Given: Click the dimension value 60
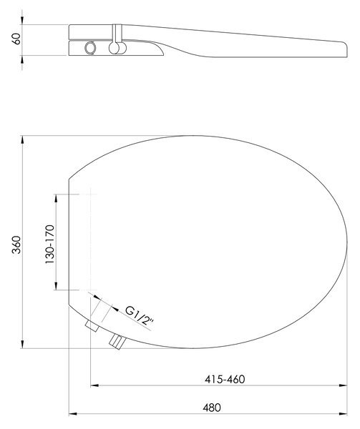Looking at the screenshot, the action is tap(16, 39).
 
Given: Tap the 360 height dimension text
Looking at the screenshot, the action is tap(16, 245).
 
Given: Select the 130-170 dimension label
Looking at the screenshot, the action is tap(50, 245).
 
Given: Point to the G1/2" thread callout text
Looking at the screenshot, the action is tap(140, 315).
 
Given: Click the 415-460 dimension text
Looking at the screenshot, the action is tap(225, 379).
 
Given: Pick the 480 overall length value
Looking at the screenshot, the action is tap(212, 408).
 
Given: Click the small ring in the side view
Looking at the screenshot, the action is tap(90, 48).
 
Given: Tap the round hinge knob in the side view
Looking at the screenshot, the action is tap(115, 48).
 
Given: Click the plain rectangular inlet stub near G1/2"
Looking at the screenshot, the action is tap(92, 326).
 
